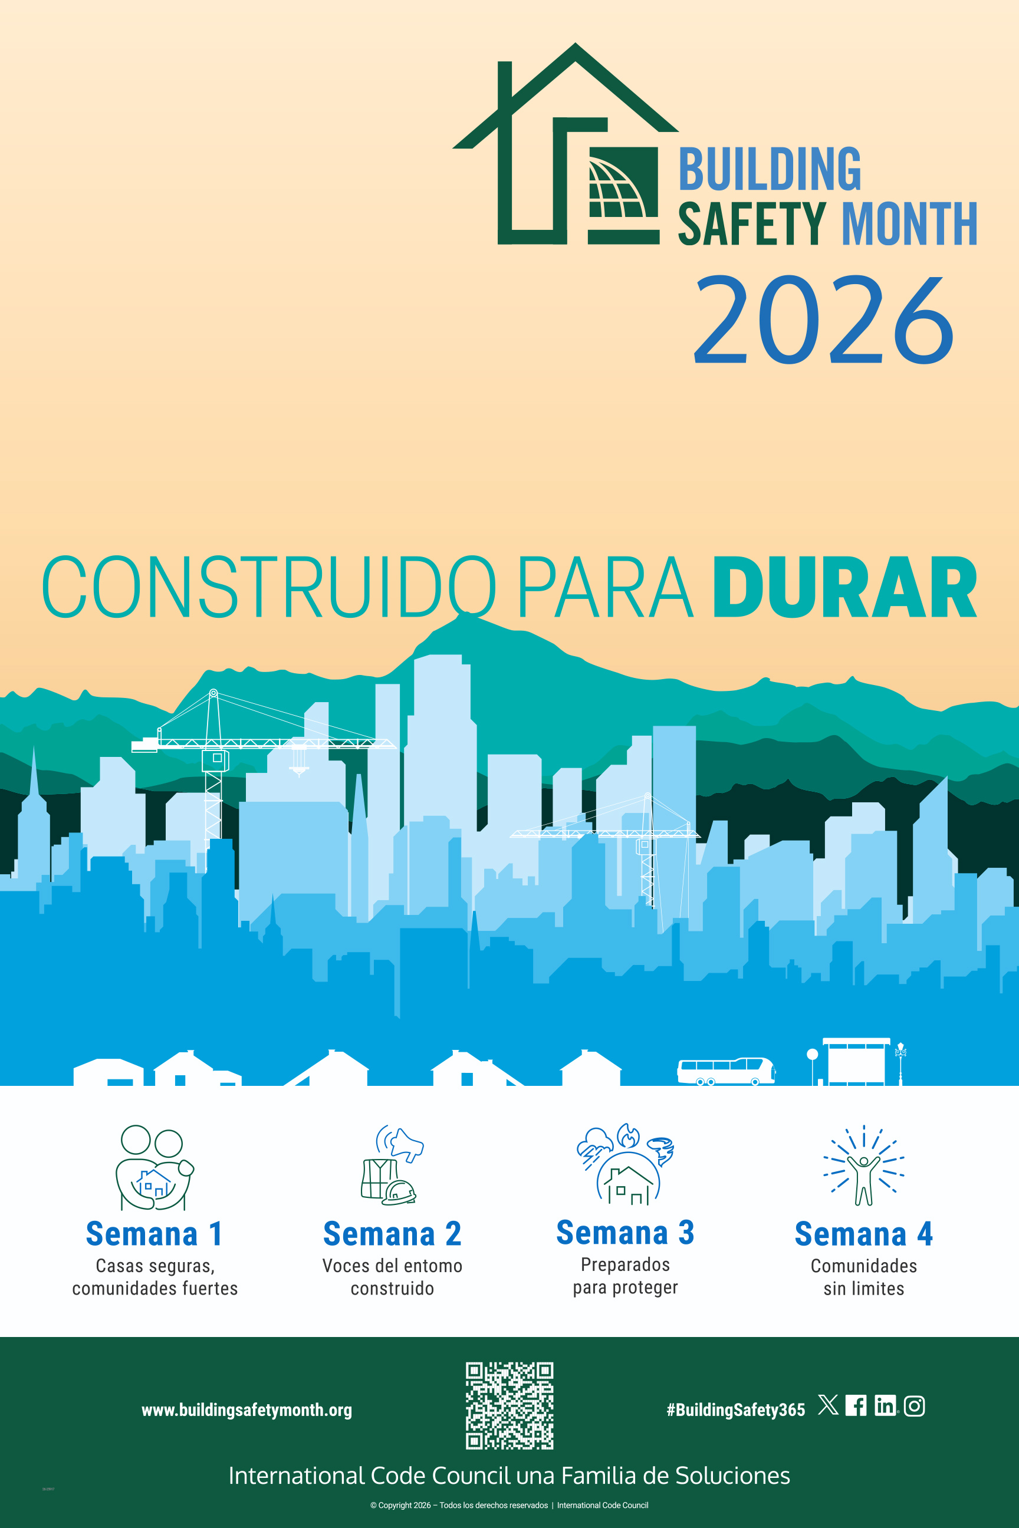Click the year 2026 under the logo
coord(824,319)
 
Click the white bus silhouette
coord(726,1071)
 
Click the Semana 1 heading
coord(155,1234)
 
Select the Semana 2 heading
coord(393,1234)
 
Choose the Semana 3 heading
coord(625,1233)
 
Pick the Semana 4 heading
coord(864,1234)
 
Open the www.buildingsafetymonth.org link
coord(247,1410)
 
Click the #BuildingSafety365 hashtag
coord(736,1410)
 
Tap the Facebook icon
coord(856,1406)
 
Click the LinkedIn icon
coord(885,1406)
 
